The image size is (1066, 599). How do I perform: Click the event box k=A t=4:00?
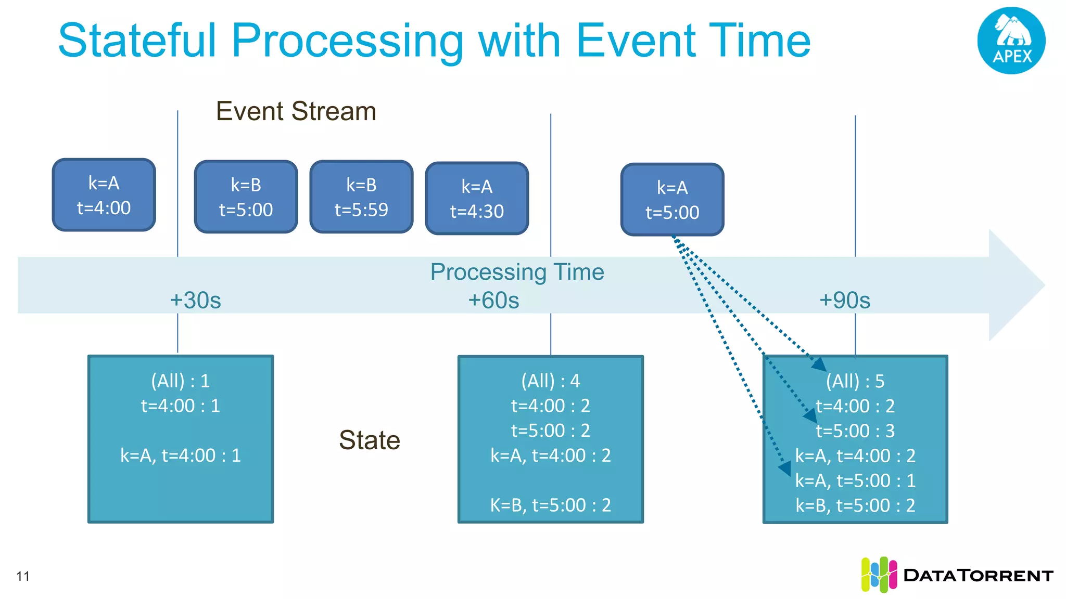coord(104,195)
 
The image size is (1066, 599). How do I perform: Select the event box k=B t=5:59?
coord(361,197)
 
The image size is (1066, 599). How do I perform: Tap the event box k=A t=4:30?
coord(477,198)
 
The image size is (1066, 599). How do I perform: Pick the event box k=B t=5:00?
coord(246,197)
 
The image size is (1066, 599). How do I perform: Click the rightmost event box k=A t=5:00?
coord(672,200)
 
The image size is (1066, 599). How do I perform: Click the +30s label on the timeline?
coord(195,301)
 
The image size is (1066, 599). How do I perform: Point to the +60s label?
coord(493,301)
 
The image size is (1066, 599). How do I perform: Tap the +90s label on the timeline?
coord(844,301)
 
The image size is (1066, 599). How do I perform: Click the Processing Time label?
coord(517,272)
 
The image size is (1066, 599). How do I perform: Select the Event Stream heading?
coord(296,111)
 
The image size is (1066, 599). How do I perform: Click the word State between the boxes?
coord(369,440)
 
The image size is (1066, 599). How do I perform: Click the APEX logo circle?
coord(1011,41)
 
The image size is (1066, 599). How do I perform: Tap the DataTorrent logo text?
coord(978,576)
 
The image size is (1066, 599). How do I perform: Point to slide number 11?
coord(23,576)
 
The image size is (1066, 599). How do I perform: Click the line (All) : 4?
coord(550,381)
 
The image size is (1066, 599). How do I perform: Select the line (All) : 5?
coord(855,381)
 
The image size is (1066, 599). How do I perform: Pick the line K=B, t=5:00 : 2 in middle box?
coord(550,505)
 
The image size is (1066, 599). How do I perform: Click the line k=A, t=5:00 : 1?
coord(855,480)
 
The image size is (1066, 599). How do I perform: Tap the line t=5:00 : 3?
coord(855,431)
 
